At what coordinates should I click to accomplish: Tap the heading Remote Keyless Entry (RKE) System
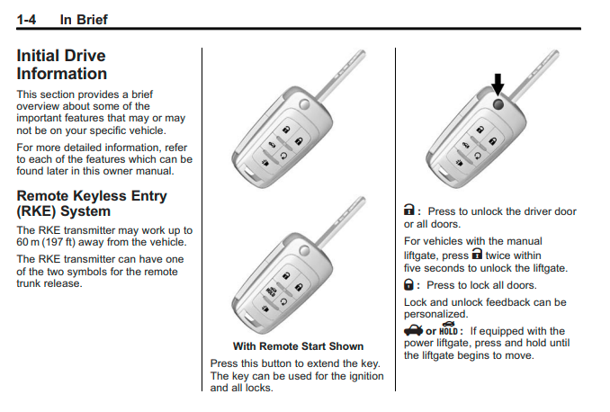tap(92, 203)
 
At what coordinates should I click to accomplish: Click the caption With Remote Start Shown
tap(298, 346)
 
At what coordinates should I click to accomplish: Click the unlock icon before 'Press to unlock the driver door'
tap(409, 211)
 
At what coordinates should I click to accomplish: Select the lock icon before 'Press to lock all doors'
tap(409, 284)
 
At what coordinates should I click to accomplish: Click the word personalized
tap(436, 314)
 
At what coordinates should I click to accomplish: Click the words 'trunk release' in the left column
tap(49, 284)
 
